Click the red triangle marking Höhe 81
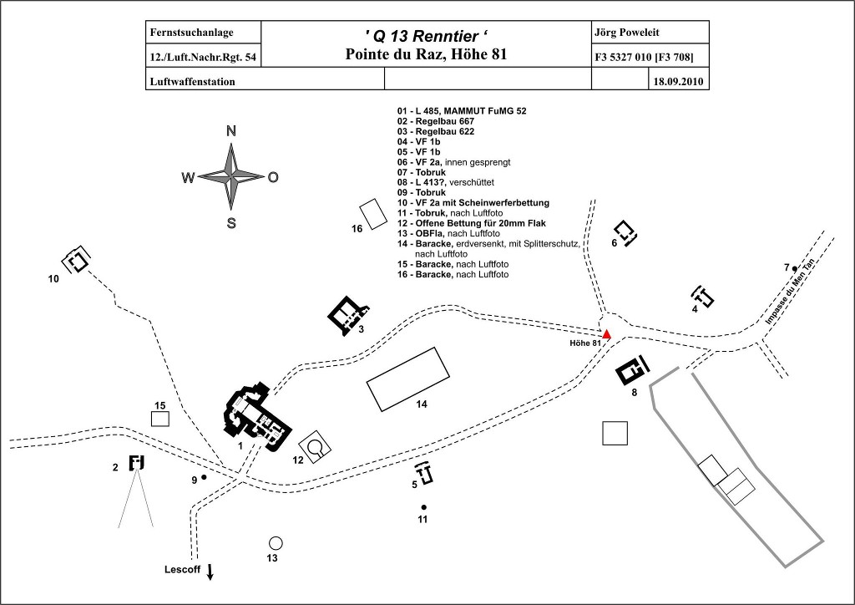click(607, 334)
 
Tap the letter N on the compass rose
click(231, 130)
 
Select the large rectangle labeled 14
click(408, 379)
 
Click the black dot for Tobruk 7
click(795, 268)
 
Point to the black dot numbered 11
click(423, 507)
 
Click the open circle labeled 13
click(276, 542)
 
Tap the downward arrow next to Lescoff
click(210, 572)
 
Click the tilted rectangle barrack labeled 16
click(372, 214)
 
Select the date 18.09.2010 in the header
click(679, 82)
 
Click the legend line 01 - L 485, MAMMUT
click(462, 110)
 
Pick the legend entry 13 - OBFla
click(443, 234)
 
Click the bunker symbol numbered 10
click(78, 261)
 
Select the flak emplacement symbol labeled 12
click(313, 448)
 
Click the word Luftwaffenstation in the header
click(190, 82)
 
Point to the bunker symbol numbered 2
click(137, 462)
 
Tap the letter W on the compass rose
click(188, 177)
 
